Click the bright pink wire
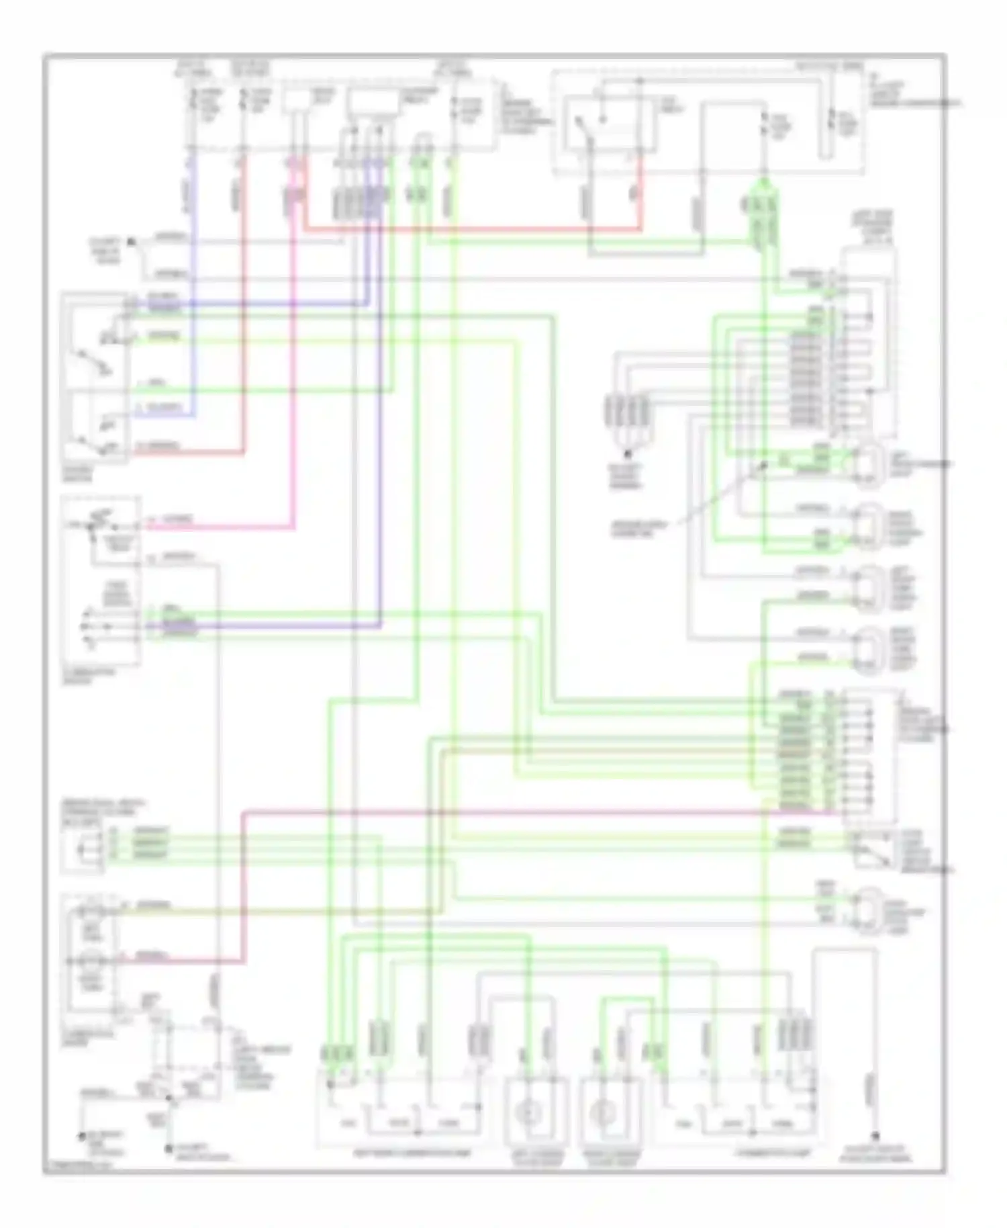pyautogui.click(x=222, y=527)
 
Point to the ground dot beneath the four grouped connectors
pyautogui.click(x=628, y=455)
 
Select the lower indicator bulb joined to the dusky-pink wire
pyautogui.click(x=89, y=961)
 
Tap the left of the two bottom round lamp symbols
pyautogui.click(x=528, y=1113)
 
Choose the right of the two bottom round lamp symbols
pyautogui.click(x=603, y=1113)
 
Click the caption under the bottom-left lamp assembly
pyautogui.click(x=412, y=1153)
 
